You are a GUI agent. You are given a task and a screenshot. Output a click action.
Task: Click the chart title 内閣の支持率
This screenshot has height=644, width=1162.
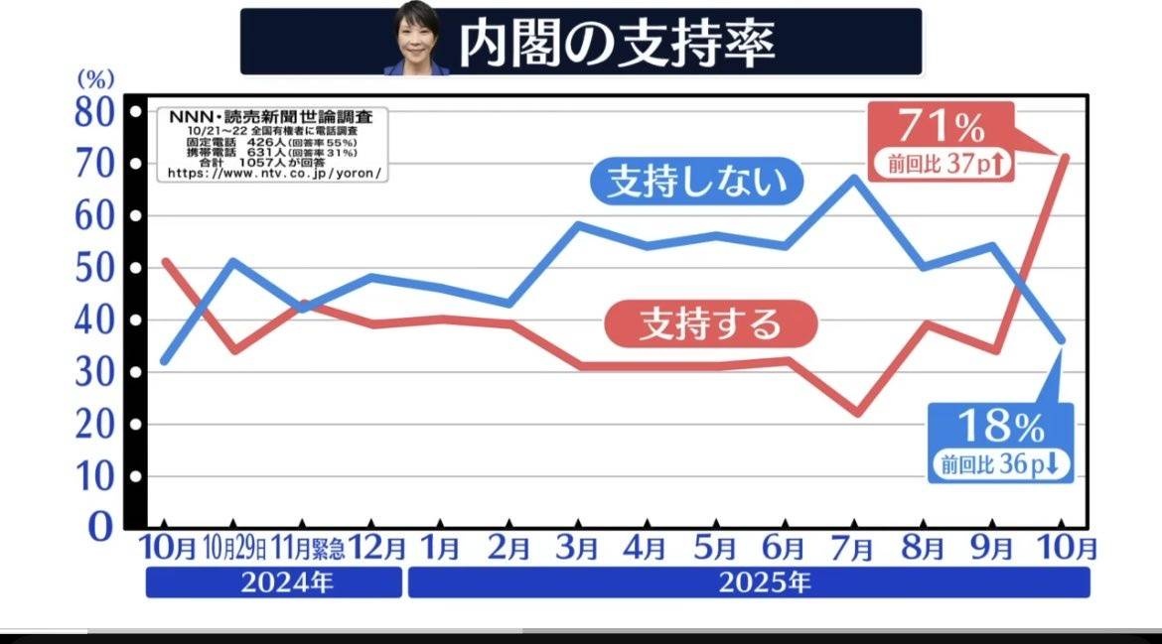(616, 42)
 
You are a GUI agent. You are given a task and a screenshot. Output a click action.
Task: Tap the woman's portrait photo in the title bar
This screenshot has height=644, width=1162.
(418, 40)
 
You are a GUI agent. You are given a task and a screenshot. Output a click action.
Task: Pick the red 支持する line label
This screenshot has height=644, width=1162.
(708, 322)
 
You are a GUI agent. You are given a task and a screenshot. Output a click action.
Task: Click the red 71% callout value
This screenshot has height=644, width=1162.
(941, 128)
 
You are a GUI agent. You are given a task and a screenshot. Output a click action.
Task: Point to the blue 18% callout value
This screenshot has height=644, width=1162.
(1000, 427)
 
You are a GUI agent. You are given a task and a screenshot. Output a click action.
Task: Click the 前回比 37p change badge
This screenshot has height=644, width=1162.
(943, 164)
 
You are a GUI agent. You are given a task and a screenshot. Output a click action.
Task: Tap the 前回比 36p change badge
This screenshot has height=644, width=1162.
(1001, 463)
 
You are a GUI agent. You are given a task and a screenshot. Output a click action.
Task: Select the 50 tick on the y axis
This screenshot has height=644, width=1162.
(96, 268)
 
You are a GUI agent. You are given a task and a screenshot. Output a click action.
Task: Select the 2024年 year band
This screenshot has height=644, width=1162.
(274, 582)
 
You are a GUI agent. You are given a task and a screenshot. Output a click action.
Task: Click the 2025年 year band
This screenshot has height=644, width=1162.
(748, 582)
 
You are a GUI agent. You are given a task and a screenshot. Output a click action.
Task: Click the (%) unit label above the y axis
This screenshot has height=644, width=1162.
(96, 77)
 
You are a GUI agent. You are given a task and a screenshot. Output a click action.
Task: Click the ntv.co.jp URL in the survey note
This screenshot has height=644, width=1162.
(274, 173)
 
